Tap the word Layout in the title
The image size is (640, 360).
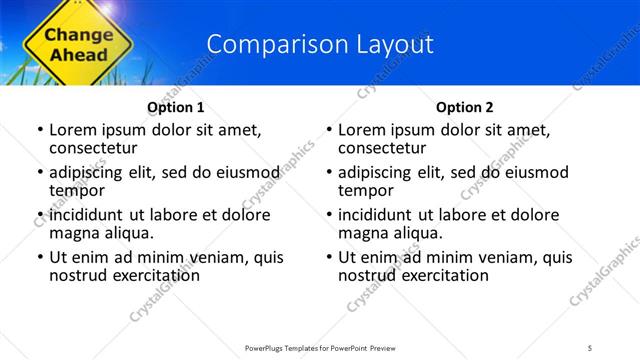[398, 44]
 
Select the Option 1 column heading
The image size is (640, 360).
[176, 107]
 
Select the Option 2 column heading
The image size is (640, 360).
[465, 107]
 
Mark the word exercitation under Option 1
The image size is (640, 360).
[155, 275]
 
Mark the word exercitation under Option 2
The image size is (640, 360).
[444, 275]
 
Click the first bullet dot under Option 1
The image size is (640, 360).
[39, 131]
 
